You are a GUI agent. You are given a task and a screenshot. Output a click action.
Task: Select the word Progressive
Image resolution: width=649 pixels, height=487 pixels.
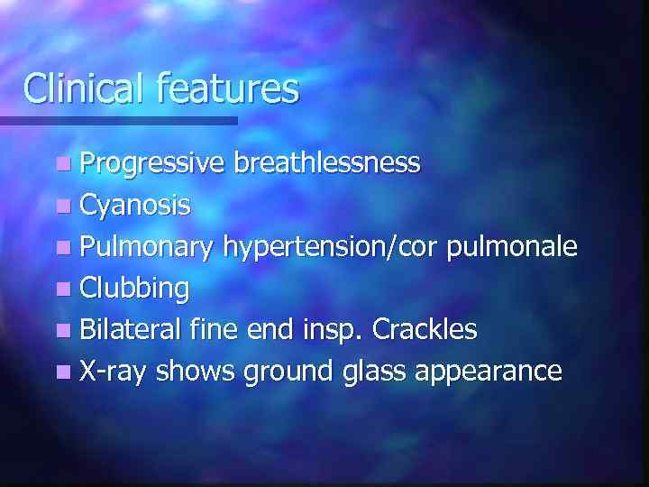(x=152, y=163)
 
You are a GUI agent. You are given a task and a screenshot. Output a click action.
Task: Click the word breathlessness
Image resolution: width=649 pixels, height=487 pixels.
(x=326, y=163)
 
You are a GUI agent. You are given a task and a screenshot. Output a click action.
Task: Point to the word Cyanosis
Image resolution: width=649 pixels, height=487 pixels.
(x=134, y=206)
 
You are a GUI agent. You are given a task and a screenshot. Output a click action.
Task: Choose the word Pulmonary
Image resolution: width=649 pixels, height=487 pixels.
(x=146, y=247)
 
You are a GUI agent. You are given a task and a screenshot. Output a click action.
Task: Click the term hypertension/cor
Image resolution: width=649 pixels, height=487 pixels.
(x=334, y=247)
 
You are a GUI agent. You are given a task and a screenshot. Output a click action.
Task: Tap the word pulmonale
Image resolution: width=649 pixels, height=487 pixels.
(x=516, y=247)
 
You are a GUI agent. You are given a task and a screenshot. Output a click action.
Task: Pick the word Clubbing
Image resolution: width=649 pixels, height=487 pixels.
(x=134, y=289)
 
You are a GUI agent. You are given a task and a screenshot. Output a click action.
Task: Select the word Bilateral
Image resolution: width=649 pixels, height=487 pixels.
(x=132, y=330)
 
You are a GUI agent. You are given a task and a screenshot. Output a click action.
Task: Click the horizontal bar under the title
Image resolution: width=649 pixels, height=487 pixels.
(x=118, y=120)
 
